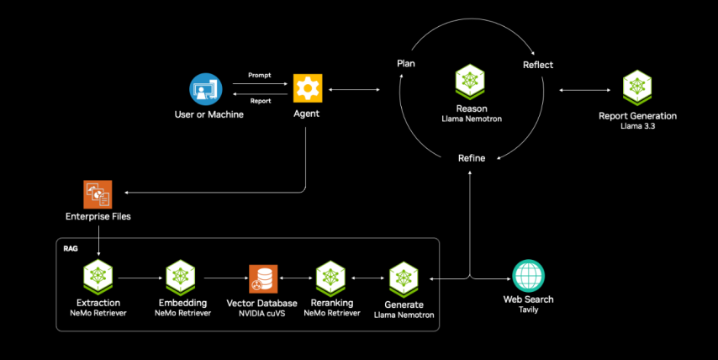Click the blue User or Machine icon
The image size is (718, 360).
coord(204,88)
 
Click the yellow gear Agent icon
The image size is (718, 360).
coord(307,88)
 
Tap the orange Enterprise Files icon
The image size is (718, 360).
coord(98,194)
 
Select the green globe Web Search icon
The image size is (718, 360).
coord(528,276)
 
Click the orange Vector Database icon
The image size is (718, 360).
coord(261,277)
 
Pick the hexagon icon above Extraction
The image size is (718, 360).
coord(98,277)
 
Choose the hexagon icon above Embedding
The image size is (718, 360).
coord(182,277)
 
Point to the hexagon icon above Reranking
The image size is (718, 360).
coord(330,277)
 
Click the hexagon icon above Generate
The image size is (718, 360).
coord(404,277)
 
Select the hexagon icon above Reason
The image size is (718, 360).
coord(471,82)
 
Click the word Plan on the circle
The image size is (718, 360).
coord(406,64)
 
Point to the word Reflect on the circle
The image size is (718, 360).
coord(538,65)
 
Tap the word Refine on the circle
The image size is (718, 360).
coord(472,158)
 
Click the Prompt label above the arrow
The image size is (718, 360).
coord(259,76)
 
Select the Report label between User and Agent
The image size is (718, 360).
coord(259,101)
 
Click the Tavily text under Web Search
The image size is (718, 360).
coord(528,310)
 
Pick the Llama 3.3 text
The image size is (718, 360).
coord(637,126)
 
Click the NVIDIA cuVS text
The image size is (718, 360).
coord(261,313)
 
